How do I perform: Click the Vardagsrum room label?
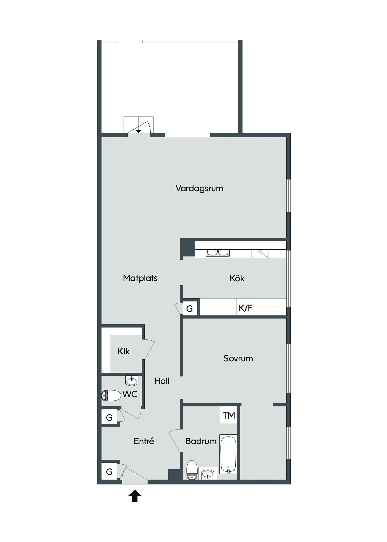point(199,188)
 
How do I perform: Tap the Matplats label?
point(140,278)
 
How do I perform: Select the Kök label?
point(237,278)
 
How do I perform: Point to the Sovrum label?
point(238,358)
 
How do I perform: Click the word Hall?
point(162,381)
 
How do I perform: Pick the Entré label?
point(144,441)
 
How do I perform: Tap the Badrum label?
point(201,441)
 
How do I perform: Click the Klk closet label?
point(124,351)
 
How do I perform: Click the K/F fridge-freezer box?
point(245,307)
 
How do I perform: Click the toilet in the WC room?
point(111,395)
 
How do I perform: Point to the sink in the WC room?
point(132,380)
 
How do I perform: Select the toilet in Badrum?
point(192,470)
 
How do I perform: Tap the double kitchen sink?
point(218,252)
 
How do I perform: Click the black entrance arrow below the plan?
point(135,496)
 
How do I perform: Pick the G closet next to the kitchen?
point(190,308)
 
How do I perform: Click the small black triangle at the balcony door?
point(139,131)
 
